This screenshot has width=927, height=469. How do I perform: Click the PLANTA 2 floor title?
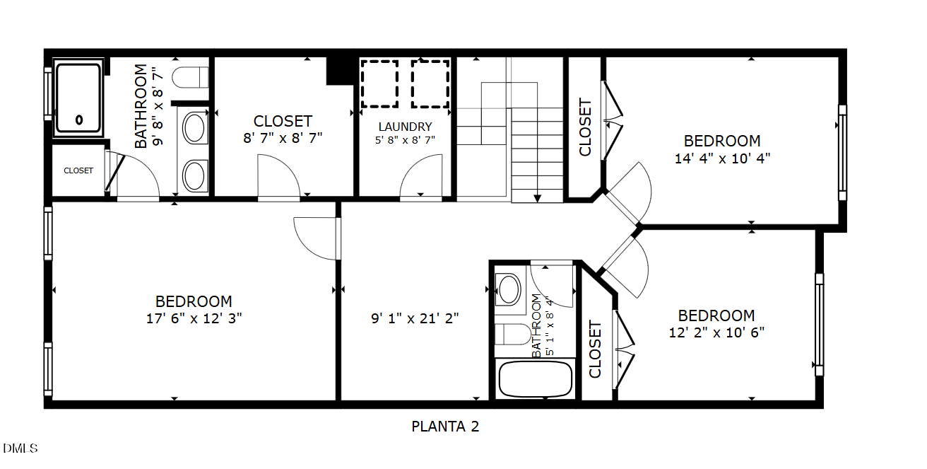pyautogui.click(x=445, y=427)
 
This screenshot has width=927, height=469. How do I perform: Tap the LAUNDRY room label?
pyautogui.click(x=405, y=127)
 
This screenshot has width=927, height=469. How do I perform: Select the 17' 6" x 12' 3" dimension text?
pyautogui.click(x=194, y=318)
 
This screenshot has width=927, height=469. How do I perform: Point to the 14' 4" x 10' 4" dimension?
pyautogui.click(x=722, y=158)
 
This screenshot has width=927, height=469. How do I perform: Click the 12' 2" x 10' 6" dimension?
pyautogui.click(x=716, y=332)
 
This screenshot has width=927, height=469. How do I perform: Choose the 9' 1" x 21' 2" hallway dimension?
pyautogui.click(x=415, y=318)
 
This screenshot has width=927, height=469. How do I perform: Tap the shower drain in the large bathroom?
pyautogui.click(x=79, y=120)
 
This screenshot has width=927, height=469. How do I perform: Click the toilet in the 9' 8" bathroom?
pyautogui.click(x=190, y=77)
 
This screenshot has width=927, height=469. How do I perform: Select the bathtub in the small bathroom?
pyautogui.click(x=535, y=379)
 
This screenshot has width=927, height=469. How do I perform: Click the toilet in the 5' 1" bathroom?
pyautogui.click(x=513, y=334)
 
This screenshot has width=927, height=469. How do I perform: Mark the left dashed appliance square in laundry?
pyautogui.click(x=379, y=84)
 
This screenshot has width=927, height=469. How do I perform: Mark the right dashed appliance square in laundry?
pyautogui.click(x=430, y=84)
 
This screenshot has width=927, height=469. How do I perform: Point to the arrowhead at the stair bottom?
pyautogui.click(x=537, y=199)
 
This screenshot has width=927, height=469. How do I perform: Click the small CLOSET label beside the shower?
pyautogui.click(x=78, y=170)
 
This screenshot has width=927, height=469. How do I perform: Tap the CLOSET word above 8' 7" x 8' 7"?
pyautogui.click(x=283, y=122)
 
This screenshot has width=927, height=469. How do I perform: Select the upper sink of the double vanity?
pyautogui.click(x=194, y=128)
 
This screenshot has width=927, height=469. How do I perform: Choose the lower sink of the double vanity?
pyautogui.click(x=194, y=176)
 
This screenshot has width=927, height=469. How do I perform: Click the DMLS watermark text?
pyautogui.click(x=20, y=448)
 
